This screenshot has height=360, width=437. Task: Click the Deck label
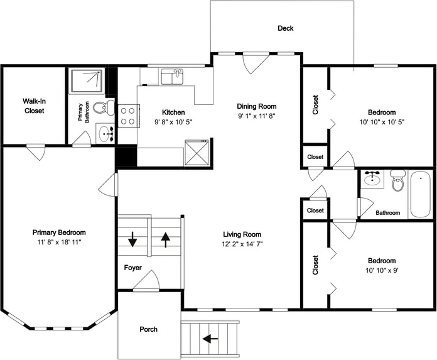(286, 28)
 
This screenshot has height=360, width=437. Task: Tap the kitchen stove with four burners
(128, 116)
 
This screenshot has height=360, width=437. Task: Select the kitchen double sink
(172, 77)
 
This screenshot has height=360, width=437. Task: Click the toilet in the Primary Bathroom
(104, 107)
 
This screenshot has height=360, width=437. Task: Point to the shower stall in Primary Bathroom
(87, 81)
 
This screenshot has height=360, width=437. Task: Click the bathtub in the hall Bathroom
(420, 194)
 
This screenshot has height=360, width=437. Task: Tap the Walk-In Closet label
(34, 106)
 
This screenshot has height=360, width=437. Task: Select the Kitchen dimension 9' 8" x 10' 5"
(173, 122)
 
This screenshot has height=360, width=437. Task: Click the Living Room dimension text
(242, 244)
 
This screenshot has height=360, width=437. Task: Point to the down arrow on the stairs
(132, 239)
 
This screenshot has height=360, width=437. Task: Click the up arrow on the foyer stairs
(166, 240)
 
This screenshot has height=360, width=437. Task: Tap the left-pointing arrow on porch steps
(210, 339)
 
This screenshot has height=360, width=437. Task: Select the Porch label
(148, 329)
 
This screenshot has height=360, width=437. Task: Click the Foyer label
(132, 268)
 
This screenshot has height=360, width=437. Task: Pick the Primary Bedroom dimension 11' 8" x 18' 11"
(59, 242)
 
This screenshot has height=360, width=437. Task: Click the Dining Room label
(257, 106)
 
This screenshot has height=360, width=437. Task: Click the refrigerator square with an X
(197, 152)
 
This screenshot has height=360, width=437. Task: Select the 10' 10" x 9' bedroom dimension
(382, 270)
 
